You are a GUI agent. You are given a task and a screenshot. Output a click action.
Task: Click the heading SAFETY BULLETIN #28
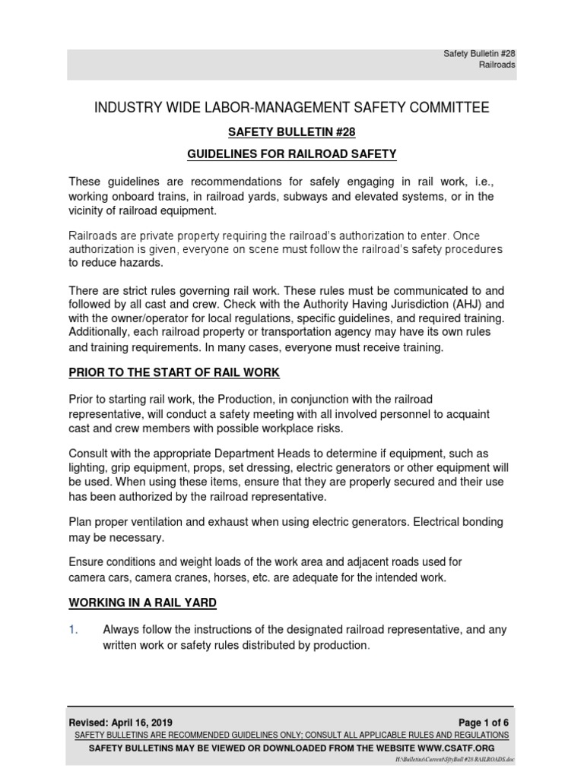(x=292, y=131)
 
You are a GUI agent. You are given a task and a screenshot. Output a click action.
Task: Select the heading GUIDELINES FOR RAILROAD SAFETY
(x=292, y=154)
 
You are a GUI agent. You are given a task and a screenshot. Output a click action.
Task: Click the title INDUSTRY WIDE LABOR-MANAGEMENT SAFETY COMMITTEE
(x=292, y=108)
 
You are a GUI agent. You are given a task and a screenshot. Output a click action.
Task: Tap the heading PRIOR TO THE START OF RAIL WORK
(x=174, y=372)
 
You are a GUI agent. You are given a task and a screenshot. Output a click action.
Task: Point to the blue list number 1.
(x=73, y=630)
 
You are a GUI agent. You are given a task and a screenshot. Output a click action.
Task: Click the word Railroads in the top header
(x=497, y=65)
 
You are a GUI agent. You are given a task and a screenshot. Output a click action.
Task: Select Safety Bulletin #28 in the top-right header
(x=479, y=53)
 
